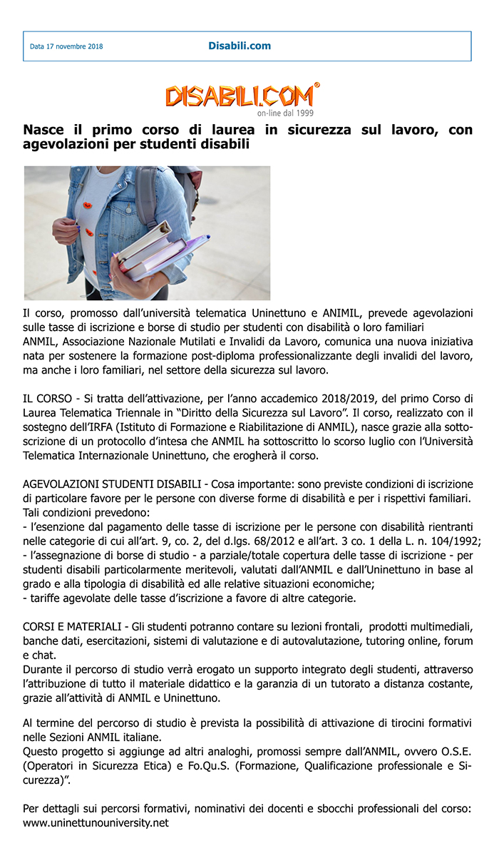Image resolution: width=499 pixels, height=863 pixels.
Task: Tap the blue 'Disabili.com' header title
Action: coord(240,46)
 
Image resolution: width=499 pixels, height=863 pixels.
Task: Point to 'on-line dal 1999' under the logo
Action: coord(285,113)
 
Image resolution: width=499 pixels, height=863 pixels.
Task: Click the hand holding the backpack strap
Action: coord(66,230)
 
